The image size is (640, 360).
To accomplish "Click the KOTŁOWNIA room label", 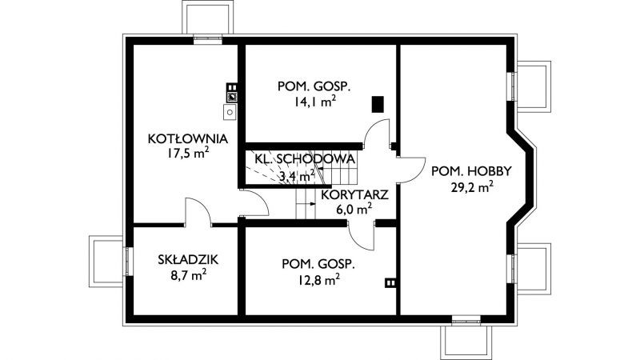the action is (188, 138).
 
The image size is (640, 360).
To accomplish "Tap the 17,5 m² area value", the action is (188, 154).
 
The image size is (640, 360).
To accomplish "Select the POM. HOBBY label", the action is (471, 171).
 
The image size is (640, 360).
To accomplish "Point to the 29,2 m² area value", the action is (472, 187).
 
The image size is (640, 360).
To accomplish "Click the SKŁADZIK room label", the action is (188, 259).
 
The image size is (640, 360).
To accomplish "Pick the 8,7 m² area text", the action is (188, 275).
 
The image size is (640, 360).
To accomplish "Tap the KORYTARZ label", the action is (354, 194).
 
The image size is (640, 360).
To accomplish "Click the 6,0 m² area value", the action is (354, 210).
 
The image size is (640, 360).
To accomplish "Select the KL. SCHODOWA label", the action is (305, 158).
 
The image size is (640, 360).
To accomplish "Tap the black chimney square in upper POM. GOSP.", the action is (378, 104).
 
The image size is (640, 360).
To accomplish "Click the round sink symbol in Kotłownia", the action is (230, 112).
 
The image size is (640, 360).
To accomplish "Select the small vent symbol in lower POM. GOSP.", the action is (390, 283).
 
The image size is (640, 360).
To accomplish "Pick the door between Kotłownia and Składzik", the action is (198, 211).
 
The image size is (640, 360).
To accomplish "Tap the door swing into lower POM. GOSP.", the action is (361, 235).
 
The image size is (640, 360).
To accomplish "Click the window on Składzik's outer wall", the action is (127, 262).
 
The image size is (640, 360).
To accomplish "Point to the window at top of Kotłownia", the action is (208, 40).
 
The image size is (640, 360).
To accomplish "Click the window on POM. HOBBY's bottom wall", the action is (466, 319).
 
